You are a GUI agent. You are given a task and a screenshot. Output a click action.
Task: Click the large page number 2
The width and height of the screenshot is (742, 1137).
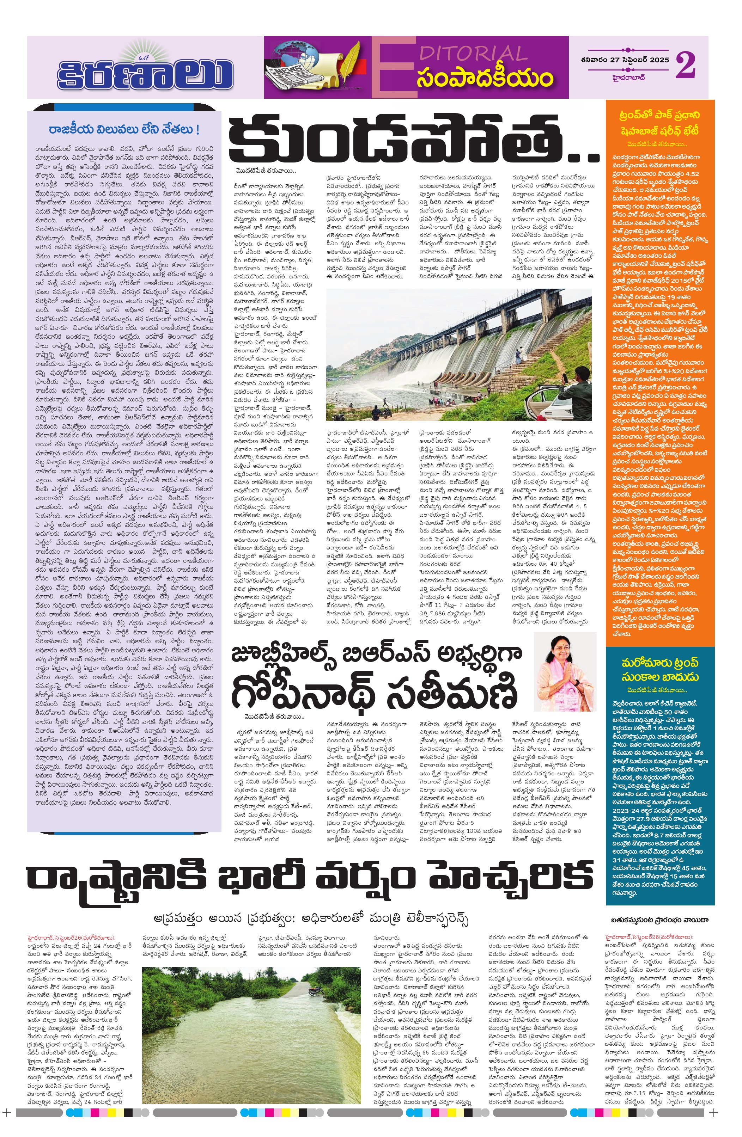coord(685,66)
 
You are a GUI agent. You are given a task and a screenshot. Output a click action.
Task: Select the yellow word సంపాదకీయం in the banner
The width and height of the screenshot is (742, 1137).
coord(485,78)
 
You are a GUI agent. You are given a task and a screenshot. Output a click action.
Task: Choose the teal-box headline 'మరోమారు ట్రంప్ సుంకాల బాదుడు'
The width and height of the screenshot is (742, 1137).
coord(660,670)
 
